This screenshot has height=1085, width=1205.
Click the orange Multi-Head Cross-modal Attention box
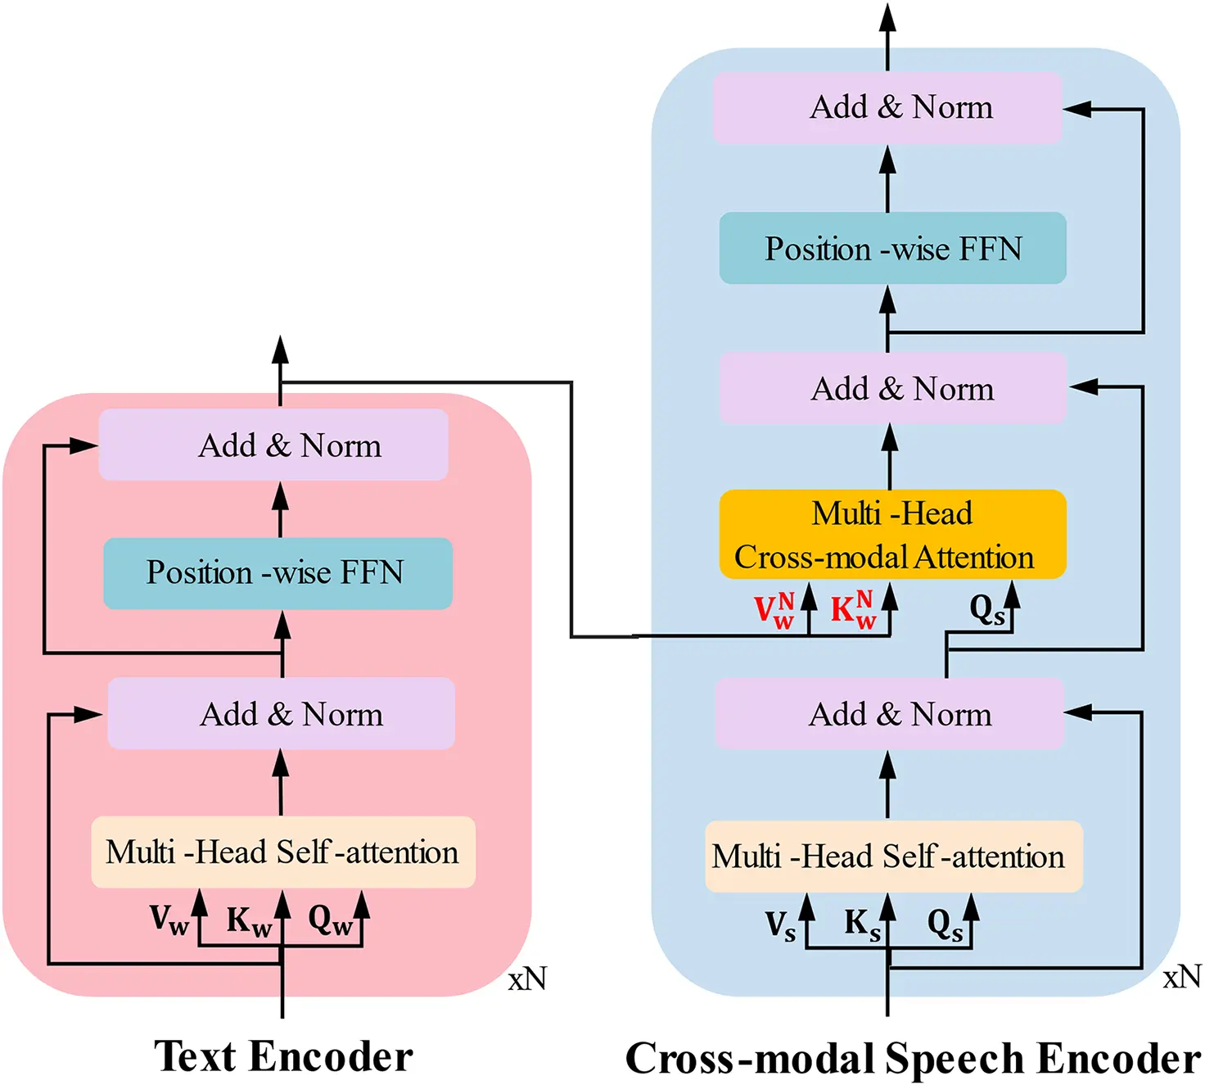(892, 535)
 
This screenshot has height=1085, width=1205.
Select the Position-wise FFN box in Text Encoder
(278, 573)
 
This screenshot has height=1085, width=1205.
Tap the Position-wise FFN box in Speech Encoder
(892, 249)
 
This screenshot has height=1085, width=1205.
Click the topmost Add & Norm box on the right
(888, 108)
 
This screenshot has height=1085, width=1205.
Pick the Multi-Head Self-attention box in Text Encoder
(282, 852)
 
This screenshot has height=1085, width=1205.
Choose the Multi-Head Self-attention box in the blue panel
(893, 857)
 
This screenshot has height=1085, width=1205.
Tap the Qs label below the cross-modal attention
(986, 611)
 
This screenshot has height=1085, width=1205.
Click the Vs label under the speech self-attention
(780, 926)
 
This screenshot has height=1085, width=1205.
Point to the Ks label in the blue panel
(862, 925)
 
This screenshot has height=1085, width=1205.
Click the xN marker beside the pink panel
(527, 979)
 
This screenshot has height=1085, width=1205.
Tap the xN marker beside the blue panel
(1182, 977)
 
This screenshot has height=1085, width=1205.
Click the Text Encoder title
(283, 1056)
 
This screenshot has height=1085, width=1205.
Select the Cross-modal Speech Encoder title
(913, 1058)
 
